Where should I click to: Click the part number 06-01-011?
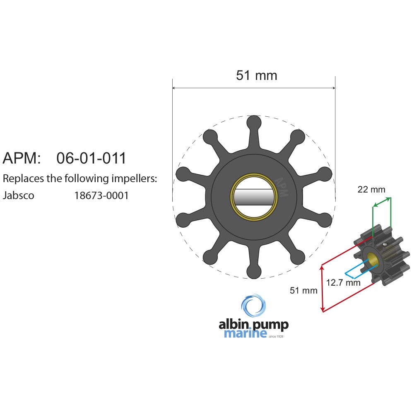coord(91,158)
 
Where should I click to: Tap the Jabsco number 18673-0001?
coord(101,196)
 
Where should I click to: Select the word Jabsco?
coord(19,196)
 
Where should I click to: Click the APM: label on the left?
coord(22,158)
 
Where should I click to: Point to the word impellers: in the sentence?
coord(134,179)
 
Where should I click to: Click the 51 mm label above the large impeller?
coord(257,75)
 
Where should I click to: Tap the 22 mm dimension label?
coord(371,189)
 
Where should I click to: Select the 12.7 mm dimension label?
coord(343,283)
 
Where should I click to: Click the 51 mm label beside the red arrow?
coord(303,291)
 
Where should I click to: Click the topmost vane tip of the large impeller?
coord(254,123)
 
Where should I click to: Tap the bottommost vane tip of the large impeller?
coord(254,272)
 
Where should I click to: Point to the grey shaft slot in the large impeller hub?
coord(254,197)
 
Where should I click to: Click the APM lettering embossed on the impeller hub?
coord(282,188)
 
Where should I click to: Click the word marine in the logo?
coord(246,333)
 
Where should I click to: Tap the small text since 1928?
coord(276,336)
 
